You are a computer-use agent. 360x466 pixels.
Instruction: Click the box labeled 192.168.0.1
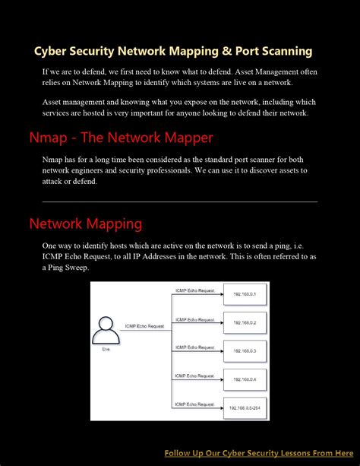pyautogui.click(x=244, y=294)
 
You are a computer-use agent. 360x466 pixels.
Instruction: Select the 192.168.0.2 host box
pyautogui.click(x=244, y=322)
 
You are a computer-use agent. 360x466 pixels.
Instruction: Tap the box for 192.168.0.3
pyautogui.click(x=244, y=350)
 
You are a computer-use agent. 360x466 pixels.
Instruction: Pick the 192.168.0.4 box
pyautogui.click(x=244, y=379)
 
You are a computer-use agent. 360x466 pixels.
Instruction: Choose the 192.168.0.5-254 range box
pyautogui.click(x=244, y=407)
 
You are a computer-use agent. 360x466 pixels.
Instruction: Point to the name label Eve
pyautogui.click(x=106, y=349)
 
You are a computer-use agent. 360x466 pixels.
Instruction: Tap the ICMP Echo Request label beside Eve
pyautogui.click(x=144, y=326)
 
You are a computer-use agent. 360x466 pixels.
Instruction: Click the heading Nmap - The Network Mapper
pyautogui.click(x=121, y=138)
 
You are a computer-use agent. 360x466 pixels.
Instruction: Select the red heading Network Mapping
pyautogui.click(x=85, y=223)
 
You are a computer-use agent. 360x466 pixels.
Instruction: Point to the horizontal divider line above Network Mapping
pyautogui.click(x=179, y=201)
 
